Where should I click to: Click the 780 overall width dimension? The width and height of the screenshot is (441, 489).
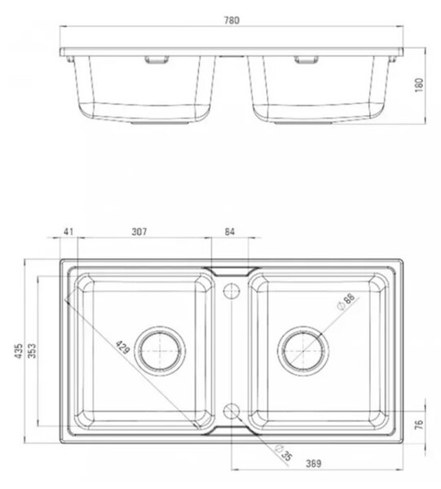[232, 20]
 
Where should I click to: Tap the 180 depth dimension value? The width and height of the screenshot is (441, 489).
[420, 85]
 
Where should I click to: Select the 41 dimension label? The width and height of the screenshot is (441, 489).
[68, 231]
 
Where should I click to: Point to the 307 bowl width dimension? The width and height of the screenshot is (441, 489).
[139, 231]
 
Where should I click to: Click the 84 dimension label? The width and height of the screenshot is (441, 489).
[230, 231]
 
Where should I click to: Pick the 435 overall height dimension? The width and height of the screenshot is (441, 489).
[20, 350]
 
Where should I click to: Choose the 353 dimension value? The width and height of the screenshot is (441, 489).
[32, 350]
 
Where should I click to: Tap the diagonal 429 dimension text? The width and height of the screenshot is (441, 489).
[122, 347]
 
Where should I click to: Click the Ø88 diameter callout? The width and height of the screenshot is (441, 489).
[346, 302]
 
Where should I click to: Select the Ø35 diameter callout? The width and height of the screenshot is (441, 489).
[284, 453]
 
